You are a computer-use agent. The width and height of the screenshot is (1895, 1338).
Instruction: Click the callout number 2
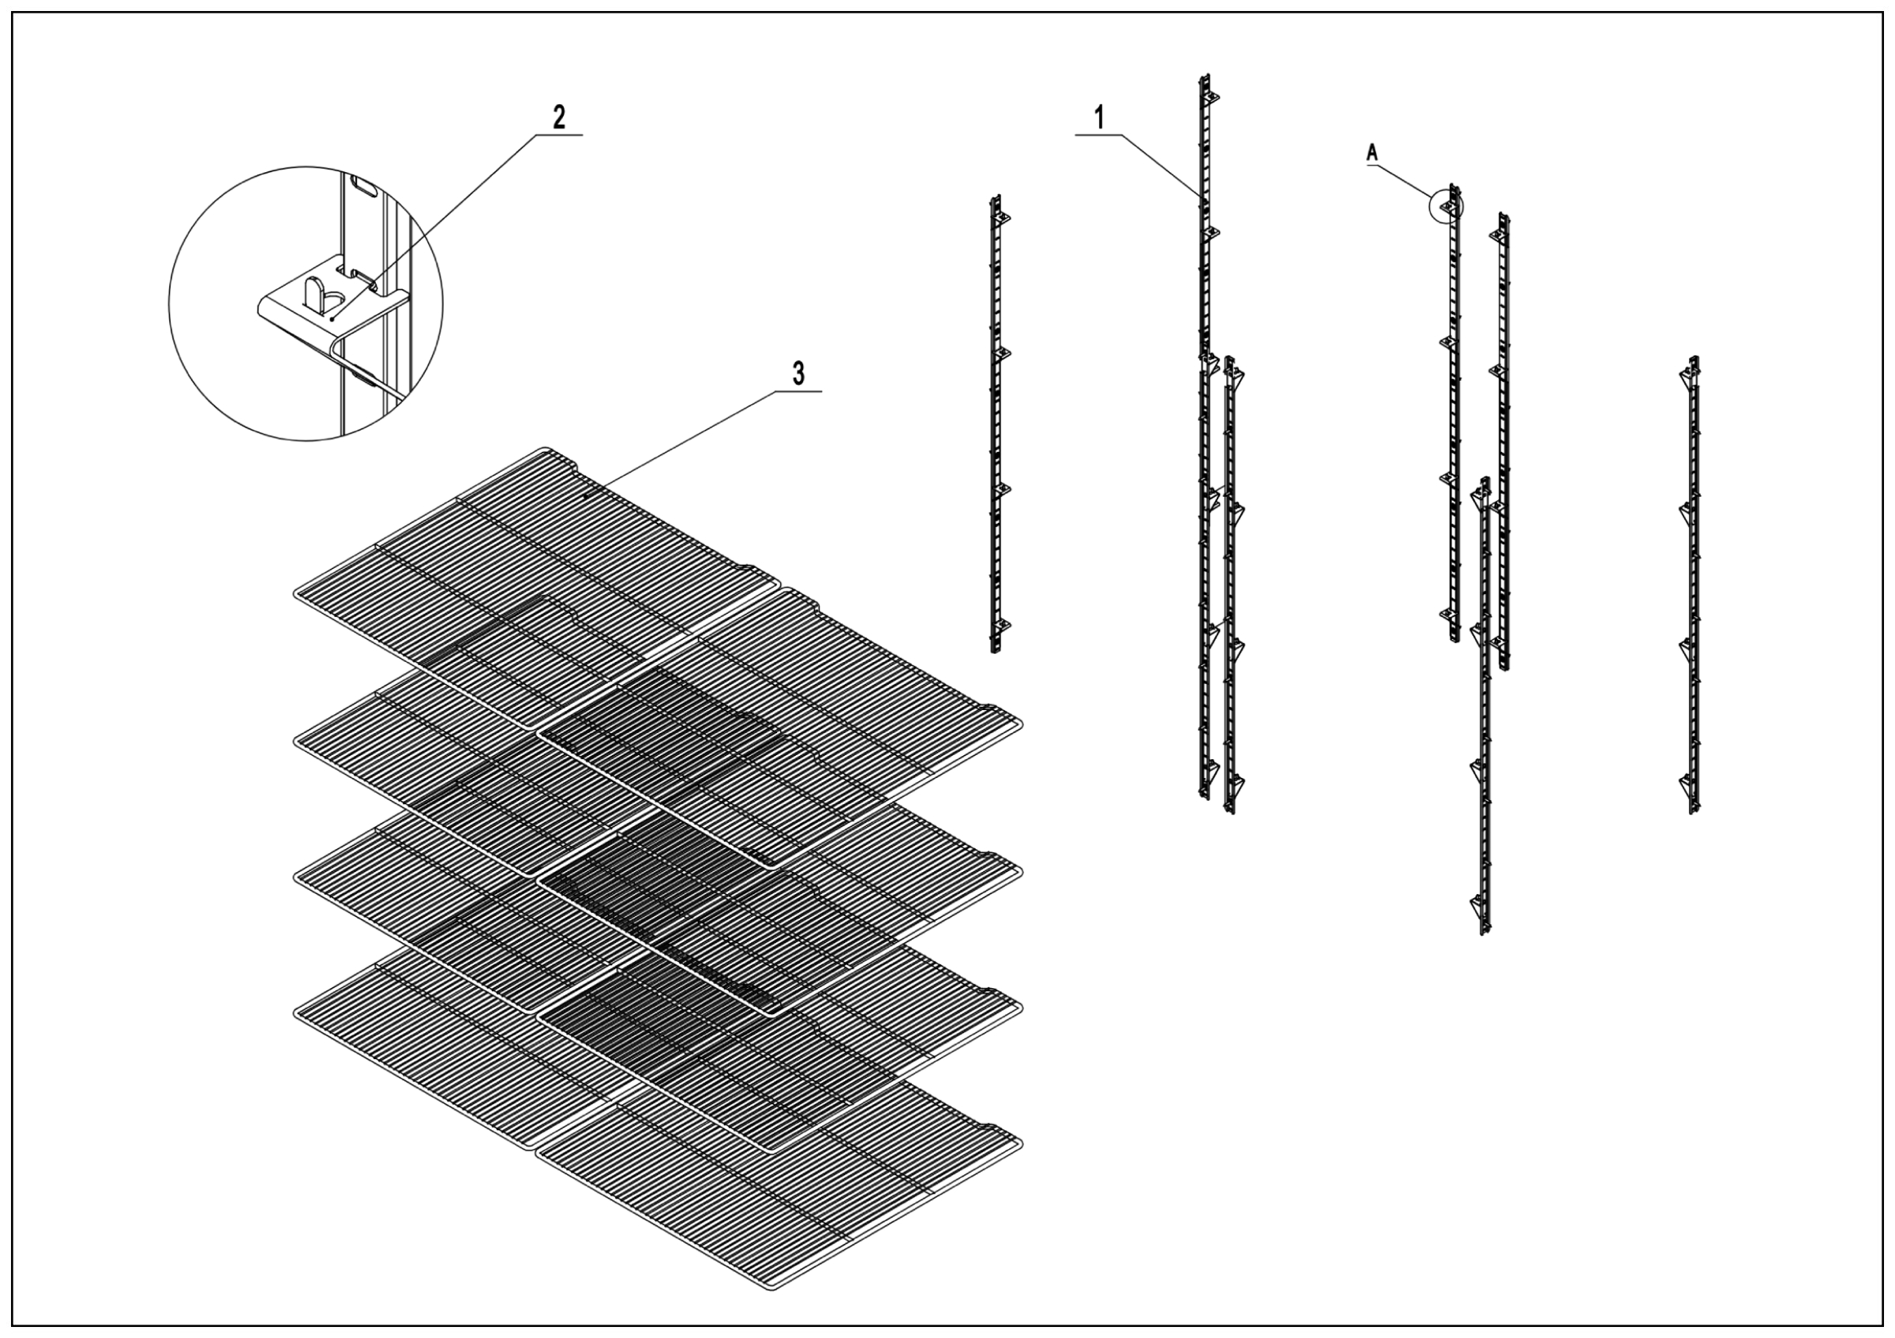[x=559, y=116]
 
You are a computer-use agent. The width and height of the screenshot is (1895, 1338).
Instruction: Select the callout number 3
[x=797, y=374]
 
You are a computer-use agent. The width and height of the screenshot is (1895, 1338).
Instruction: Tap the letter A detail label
[x=1372, y=152]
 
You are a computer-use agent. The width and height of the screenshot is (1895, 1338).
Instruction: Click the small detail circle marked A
[x=1445, y=204]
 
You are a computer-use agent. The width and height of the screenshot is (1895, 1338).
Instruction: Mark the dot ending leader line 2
[x=332, y=317]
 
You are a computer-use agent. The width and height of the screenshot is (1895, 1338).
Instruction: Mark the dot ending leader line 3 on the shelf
[x=585, y=497]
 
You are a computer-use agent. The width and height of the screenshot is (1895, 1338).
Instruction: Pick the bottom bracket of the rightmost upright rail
[x=1687, y=781]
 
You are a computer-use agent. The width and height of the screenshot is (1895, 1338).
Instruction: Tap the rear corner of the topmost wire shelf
[x=545, y=451]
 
